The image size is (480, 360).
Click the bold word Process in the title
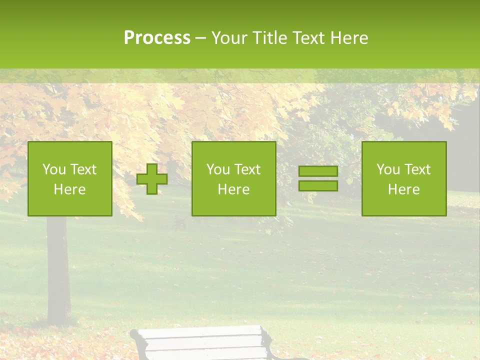tap(157, 38)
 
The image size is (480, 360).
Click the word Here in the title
tap(348, 38)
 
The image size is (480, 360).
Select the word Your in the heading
tap(230, 38)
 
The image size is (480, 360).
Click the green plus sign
tap(152, 179)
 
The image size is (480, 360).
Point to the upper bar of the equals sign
tap(318, 171)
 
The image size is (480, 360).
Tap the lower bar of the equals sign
tap(318, 185)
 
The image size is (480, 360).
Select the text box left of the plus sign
tap(70, 178)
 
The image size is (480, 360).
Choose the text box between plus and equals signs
tap(233, 178)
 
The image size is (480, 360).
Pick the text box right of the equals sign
tap(403, 178)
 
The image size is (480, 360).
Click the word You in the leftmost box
tap(54, 169)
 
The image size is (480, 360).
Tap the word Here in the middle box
tap(233, 189)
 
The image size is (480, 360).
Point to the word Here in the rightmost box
tap(403, 189)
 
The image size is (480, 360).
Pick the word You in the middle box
tap(218, 169)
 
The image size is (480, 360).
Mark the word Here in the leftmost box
tap(70, 189)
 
